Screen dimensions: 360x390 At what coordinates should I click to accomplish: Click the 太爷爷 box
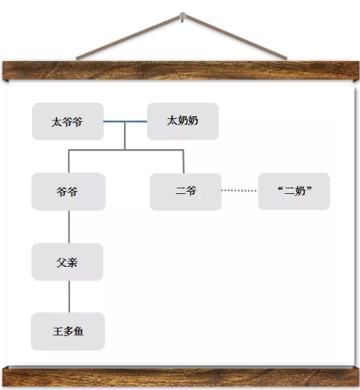pos(68,121)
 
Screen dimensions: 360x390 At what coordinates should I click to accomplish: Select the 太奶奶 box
pos(183,121)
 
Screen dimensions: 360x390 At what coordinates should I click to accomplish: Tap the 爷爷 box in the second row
pos(69,192)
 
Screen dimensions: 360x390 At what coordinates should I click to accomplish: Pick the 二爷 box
pos(186,192)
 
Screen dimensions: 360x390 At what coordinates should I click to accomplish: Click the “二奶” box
pos(294,191)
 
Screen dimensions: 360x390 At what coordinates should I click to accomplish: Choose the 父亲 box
pos(67,262)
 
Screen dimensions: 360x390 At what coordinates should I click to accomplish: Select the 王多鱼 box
pos(68,331)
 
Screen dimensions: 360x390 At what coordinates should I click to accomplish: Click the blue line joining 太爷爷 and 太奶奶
pos(125,122)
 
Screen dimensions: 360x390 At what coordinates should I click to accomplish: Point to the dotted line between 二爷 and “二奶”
pos(239,190)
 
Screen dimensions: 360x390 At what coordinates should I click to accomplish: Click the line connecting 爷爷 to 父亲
pos(69,227)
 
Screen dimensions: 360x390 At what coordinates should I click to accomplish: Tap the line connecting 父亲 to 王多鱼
pos(69,296)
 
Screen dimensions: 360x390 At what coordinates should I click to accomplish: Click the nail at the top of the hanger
pos(183,15)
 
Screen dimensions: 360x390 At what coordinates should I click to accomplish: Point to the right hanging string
pos(236,37)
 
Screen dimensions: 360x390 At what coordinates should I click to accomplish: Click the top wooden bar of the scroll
pos(181,71)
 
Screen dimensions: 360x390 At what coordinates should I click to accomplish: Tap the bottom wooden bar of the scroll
pos(181,377)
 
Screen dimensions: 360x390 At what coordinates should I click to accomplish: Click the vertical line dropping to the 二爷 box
pos(184,162)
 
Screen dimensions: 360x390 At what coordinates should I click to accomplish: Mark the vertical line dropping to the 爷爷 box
pos(69,161)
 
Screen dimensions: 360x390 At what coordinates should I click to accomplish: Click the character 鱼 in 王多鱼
pos(78,331)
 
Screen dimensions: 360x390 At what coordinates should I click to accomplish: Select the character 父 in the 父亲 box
pos(62,263)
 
